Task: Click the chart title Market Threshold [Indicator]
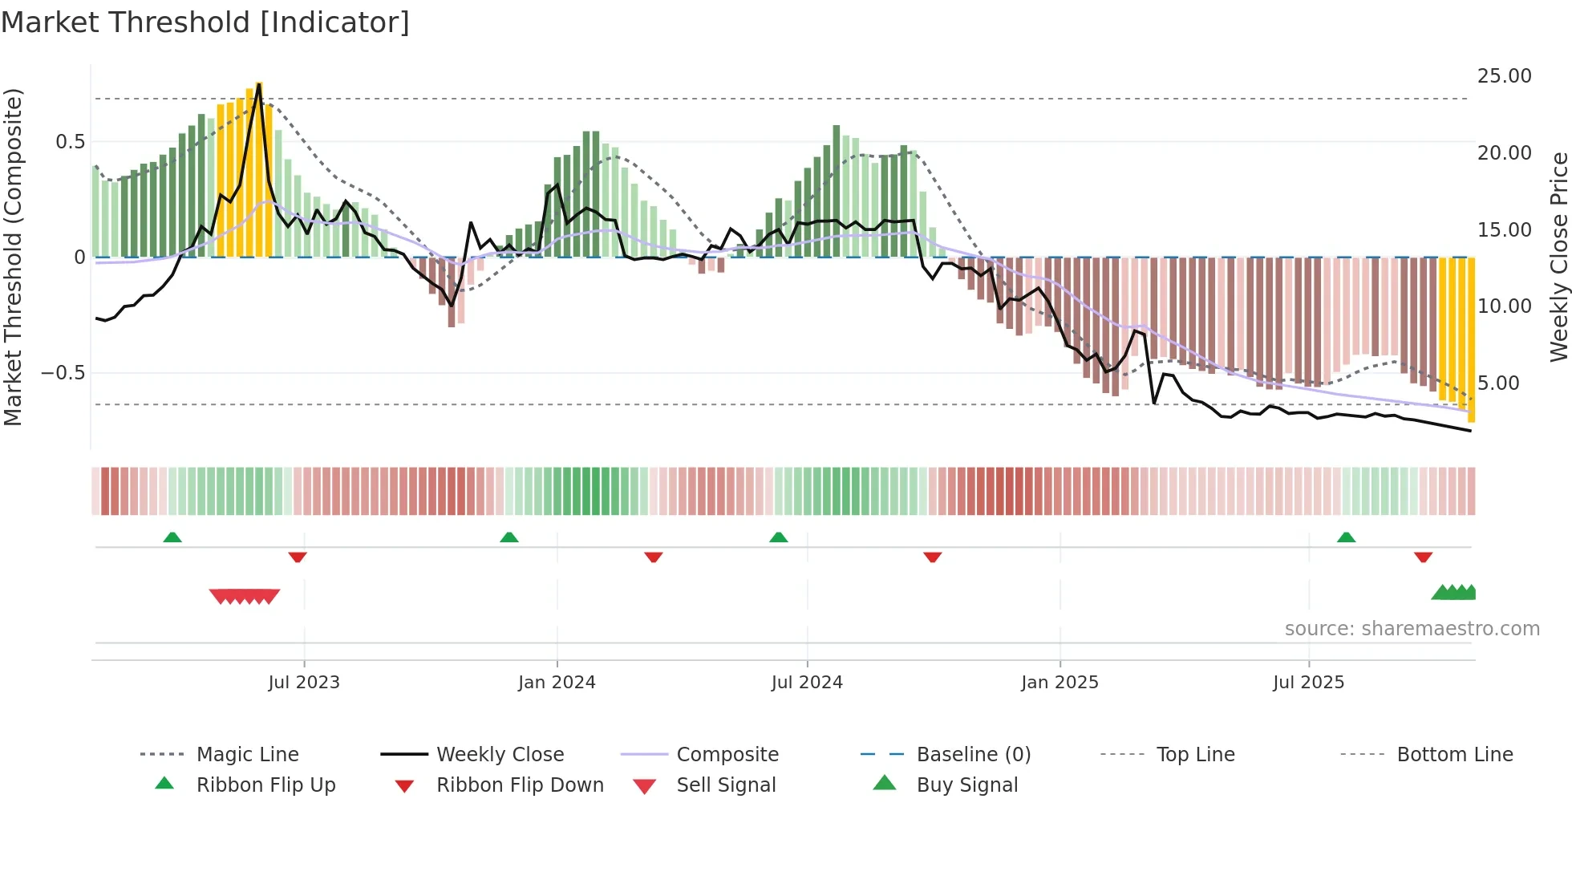point(205,22)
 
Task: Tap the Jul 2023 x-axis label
point(304,683)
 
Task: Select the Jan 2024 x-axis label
point(557,683)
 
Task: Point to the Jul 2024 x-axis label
point(807,683)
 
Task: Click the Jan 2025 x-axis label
point(1059,683)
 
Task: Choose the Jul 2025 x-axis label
point(1308,683)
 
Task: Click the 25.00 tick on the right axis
point(1504,76)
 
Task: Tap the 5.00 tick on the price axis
point(1498,383)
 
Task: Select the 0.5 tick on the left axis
point(70,142)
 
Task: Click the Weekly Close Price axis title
point(1558,257)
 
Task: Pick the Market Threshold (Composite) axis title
point(13,257)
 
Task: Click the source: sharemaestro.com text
point(1412,629)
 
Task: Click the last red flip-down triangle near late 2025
point(1423,557)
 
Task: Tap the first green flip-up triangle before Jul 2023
point(172,537)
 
